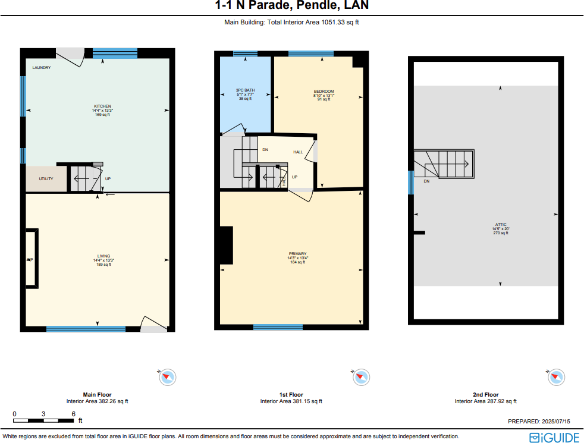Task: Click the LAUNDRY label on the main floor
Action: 42,68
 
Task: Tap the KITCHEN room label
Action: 102,106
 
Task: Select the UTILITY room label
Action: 46,178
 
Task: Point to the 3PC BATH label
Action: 245,90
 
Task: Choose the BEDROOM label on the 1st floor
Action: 324,91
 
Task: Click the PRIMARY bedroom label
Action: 297,254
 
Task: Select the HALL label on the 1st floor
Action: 298,152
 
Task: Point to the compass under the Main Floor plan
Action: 168,376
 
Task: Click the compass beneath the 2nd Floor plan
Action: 556,376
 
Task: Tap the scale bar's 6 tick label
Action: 73,414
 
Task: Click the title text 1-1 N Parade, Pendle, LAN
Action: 291,6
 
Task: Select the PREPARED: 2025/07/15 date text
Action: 539,421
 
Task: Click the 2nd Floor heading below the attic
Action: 485,395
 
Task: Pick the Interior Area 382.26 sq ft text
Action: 97,401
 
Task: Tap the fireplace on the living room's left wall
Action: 32,259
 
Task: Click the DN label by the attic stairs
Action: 426,181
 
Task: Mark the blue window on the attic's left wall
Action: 410,183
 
